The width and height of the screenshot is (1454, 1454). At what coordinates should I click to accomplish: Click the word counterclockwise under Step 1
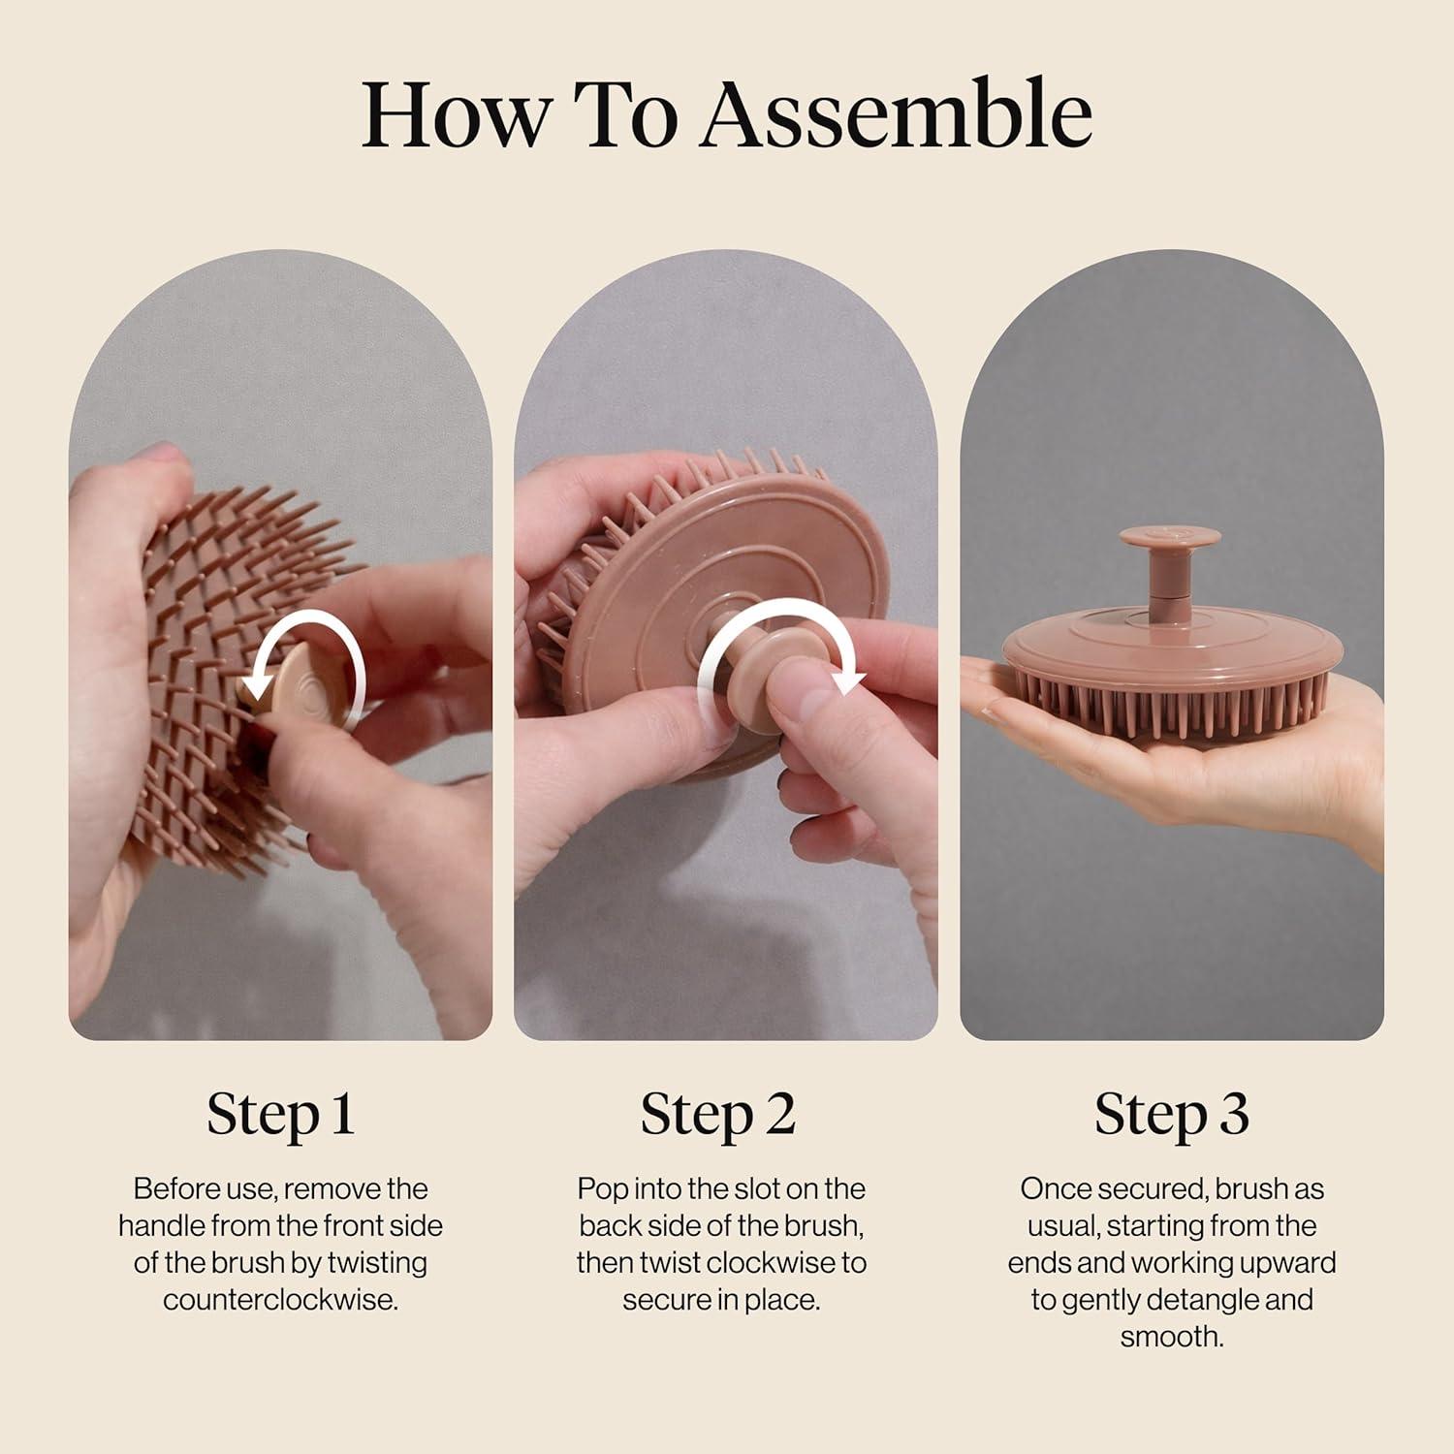coord(280,1300)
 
